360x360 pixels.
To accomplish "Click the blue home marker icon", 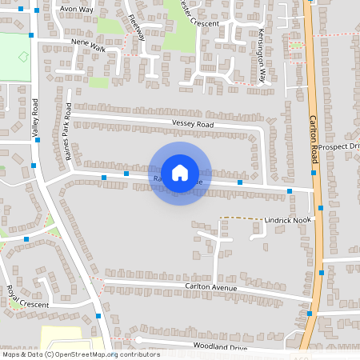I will coord(180,172).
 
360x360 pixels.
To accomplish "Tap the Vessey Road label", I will coord(193,125).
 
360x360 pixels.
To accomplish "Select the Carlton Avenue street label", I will coord(212,286).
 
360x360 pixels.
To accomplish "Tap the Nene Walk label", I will coord(88,47).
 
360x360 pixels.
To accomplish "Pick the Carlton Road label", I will coord(314,141).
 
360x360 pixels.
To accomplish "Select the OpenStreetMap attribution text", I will coord(81,354).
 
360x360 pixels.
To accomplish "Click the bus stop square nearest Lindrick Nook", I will coord(320,208).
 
